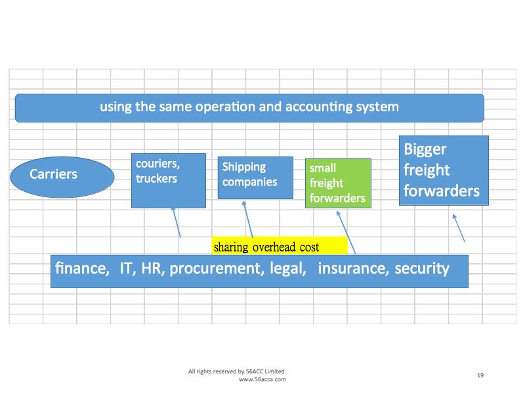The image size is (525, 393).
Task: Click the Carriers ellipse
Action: [x=62, y=174]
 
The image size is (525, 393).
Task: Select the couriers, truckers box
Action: [x=169, y=181]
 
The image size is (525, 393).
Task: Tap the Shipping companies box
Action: [x=255, y=178]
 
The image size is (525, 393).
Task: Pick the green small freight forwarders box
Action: [x=338, y=183]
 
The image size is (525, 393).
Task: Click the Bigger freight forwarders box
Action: [x=444, y=170]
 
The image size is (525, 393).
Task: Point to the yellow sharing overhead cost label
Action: [x=280, y=246]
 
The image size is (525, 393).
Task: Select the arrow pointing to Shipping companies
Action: [x=247, y=219]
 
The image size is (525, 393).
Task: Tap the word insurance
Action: [x=352, y=268]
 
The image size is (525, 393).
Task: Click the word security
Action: [x=422, y=269]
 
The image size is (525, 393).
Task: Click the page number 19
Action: [x=480, y=375]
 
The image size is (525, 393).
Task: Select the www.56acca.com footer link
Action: [x=262, y=379]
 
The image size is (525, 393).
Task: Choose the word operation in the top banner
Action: [x=224, y=106]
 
